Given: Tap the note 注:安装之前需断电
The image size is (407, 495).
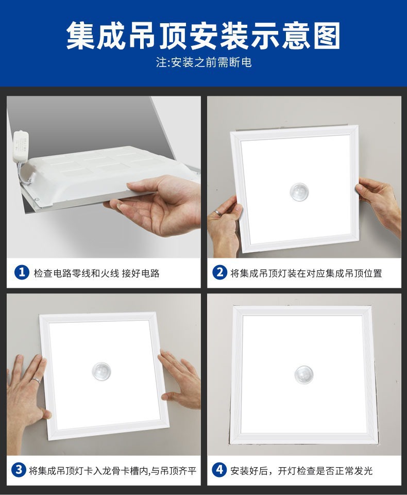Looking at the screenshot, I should pyautogui.click(x=203, y=63).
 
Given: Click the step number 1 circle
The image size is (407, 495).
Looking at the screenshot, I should pyautogui.click(x=21, y=272).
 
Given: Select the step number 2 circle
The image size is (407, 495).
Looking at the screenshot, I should pyautogui.click(x=219, y=272).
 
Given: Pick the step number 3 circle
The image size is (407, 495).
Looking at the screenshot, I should pyautogui.click(x=19, y=470).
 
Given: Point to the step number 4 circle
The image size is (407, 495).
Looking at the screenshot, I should pyautogui.click(x=219, y=470).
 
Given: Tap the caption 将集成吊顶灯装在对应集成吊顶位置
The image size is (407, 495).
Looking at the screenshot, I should pyautogui.click(x=306, y=273).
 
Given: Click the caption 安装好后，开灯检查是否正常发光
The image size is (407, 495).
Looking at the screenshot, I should pyautogui.click(x=301, y=470).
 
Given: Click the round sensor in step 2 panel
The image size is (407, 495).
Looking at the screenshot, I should pyautogui.click(x=299, y=192).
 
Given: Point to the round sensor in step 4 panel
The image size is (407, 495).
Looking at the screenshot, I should pyautogui.click(x=303, y=374).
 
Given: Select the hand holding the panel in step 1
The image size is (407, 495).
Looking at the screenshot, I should pyautogui.click(x=155, y=204).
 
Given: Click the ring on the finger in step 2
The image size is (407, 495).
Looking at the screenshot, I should pyautogui.click(x=219, y=212).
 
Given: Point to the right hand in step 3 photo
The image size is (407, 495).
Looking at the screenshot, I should pyautogui.click(x=180, y=379).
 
